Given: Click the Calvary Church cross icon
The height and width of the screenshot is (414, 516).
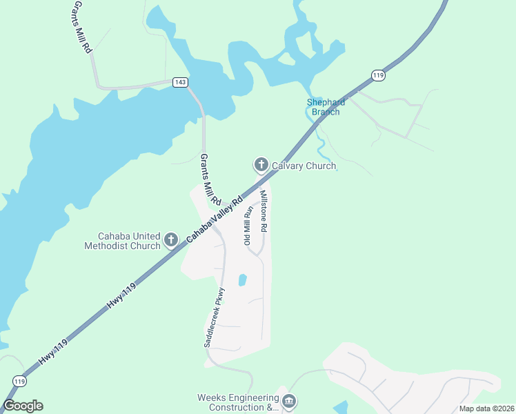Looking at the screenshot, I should [261, 164].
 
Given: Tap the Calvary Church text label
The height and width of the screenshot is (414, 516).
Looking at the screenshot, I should [304, 166].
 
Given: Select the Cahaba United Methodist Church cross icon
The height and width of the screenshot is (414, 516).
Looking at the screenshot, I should [171, 241].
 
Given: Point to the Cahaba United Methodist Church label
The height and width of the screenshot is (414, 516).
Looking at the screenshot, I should [122, 240].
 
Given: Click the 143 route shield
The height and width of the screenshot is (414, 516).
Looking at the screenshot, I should [180, 82].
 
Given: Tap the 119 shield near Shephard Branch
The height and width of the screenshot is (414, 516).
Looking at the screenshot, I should [377, 75].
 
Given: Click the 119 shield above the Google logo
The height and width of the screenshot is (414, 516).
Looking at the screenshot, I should [20, 381].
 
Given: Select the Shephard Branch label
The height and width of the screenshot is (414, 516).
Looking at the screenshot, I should [325, 107].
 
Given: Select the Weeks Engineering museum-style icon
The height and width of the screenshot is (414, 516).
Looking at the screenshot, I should [289, 401].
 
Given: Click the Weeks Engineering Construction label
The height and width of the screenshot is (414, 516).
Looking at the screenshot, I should [238, 402].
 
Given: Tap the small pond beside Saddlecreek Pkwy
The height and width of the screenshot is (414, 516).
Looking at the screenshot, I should [242, 280].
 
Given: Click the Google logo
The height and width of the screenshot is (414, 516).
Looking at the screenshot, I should [23, 406].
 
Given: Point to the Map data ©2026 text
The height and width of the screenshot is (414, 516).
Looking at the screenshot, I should [486, 408].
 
